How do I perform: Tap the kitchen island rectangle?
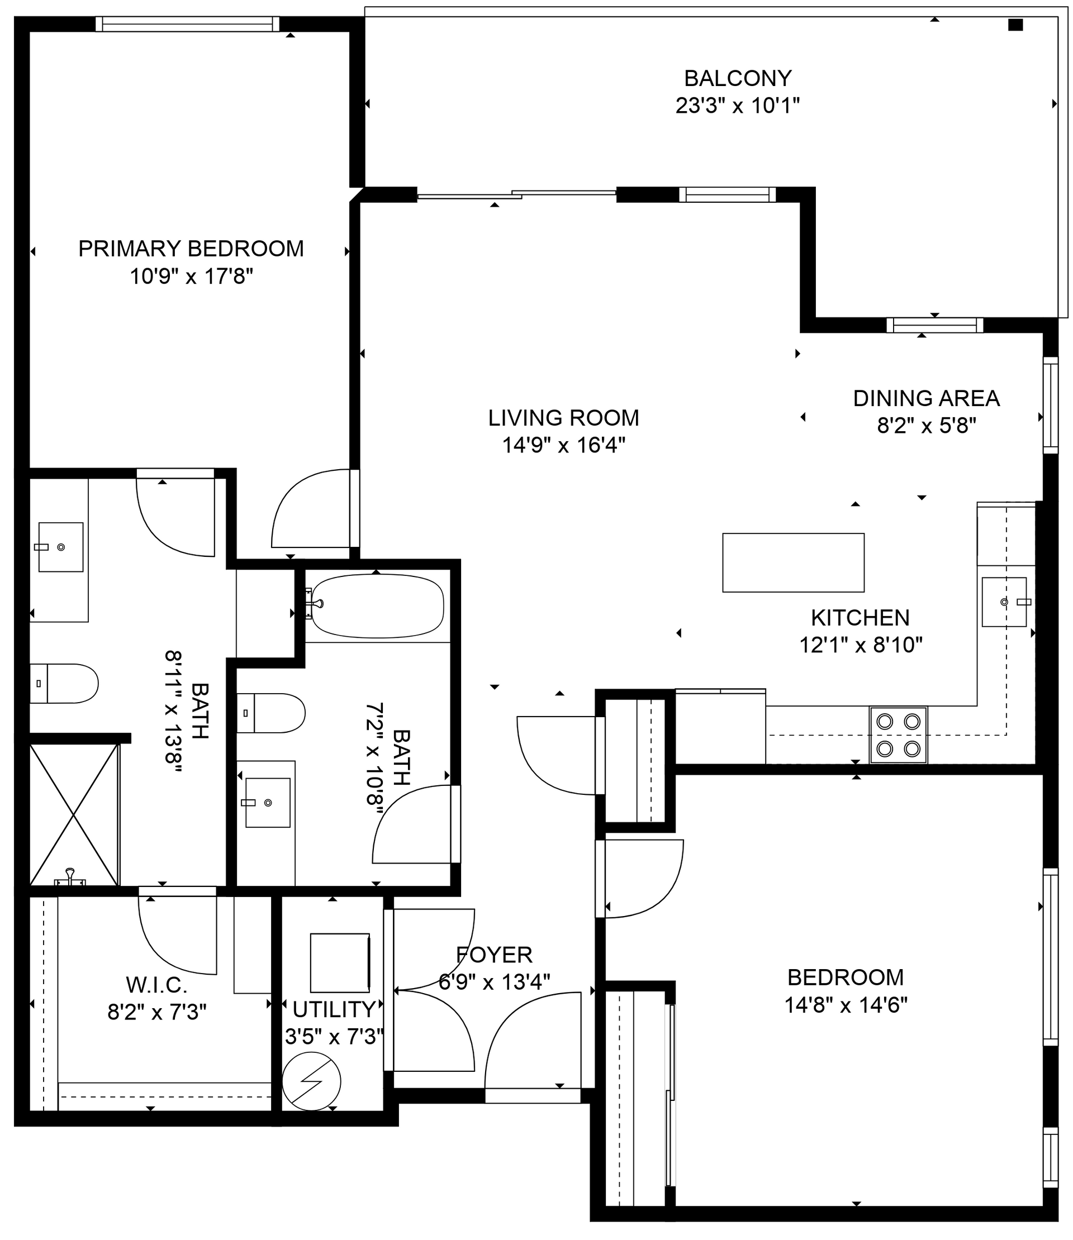pos(793,562)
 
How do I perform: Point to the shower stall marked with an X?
pos(74,814)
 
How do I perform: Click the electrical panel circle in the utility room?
pos(311,1081)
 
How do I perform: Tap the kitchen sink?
pos(1004,602)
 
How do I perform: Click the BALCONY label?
pos(737,78)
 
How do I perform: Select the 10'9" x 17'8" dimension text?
pos(191,276)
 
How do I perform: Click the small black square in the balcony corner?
pos(1015,25)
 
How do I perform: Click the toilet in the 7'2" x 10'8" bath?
pos(272,713)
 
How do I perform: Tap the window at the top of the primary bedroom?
pos(187,24)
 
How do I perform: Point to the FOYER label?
pos(494,955)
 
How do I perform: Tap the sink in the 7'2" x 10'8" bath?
pos(267,803)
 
